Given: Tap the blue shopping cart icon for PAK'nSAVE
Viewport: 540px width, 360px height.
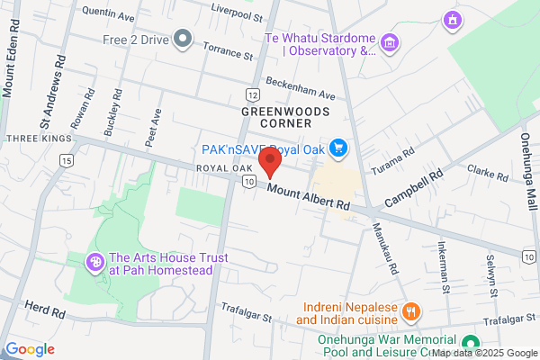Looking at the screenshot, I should (338, 147).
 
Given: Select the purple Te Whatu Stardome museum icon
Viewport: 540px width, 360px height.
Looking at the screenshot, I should (390, 43).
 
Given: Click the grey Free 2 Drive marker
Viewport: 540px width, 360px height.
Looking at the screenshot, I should (183, 39).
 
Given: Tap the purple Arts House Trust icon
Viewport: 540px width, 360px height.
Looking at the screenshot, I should (94, 263).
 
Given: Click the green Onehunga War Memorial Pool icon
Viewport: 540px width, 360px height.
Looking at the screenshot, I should (469, 344).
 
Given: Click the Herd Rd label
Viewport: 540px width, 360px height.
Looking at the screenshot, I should (46, 312).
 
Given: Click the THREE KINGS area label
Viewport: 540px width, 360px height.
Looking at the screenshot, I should (36, 139).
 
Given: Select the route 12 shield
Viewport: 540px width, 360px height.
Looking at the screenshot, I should (253, 94).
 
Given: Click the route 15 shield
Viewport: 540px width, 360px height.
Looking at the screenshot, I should (66, 160).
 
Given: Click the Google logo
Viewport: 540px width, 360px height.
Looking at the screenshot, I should (30, 349).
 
